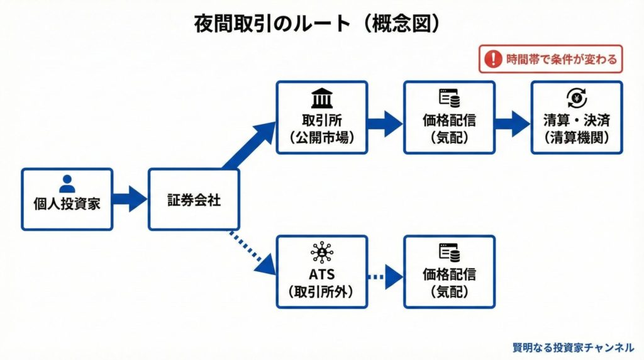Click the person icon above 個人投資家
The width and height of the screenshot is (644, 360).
click(x=67, y=184)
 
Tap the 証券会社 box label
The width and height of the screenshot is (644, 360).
click(x=194, y=200)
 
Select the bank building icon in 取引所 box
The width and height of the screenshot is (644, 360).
click(x=322, y=98)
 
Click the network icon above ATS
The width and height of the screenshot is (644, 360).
click(x=322, y=253)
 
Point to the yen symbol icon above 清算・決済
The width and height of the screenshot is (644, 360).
click(x=576, y=98)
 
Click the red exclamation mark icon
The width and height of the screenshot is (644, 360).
click(x=494, y=60)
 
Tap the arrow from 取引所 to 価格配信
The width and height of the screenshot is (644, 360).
click(x=385, y=123)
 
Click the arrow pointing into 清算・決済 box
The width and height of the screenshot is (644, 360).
click(x=512, y=123)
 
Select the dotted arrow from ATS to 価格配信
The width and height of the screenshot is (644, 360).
click(x=385, y=276)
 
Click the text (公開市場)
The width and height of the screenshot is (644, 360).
click(x=322, y=137)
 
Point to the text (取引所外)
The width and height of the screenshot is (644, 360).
click(x=322, y=291)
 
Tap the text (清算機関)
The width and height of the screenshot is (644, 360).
click(x=576, y=137)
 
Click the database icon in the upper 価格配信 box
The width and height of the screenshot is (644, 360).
click(x=449, y=98)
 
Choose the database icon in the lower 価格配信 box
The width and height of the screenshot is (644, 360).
click(x=449, y=253)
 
